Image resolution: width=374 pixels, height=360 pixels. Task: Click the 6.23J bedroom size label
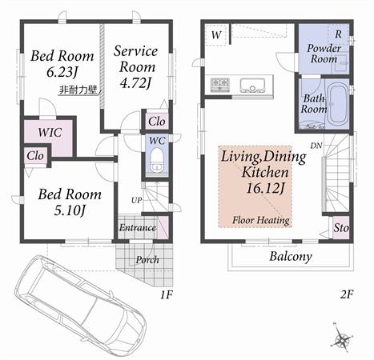click(x=62, y=73)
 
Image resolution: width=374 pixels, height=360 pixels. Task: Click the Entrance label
click(x=138, y=228)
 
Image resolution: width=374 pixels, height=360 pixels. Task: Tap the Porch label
click(x=147, y=259)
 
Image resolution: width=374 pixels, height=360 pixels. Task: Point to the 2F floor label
click(x=346, y=294)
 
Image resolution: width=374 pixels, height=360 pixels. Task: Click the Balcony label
click(x=290, y=257)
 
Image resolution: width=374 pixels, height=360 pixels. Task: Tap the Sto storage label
click(x=341, y=229)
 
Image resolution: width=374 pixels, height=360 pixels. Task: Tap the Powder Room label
click(x=324, y=53)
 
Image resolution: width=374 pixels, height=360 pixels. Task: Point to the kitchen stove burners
click(x=219, y=83)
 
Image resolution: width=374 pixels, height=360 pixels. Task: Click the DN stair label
click(x=316, y=146)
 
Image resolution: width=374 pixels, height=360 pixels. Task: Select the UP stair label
click(x=137, y=200)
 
